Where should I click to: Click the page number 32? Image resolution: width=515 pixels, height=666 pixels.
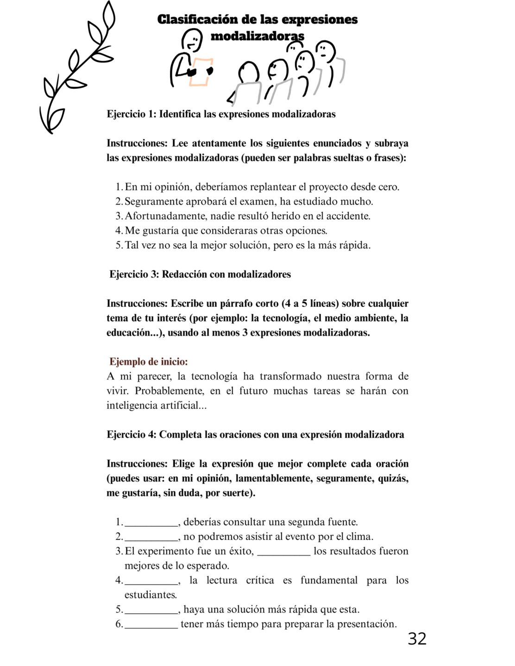point(417,639)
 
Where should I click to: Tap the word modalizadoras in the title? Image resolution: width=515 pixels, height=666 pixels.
point(257,36)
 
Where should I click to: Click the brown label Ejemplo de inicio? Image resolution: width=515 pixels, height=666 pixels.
point(148,362)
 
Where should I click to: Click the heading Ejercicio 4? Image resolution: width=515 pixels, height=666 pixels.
point(131,435)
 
